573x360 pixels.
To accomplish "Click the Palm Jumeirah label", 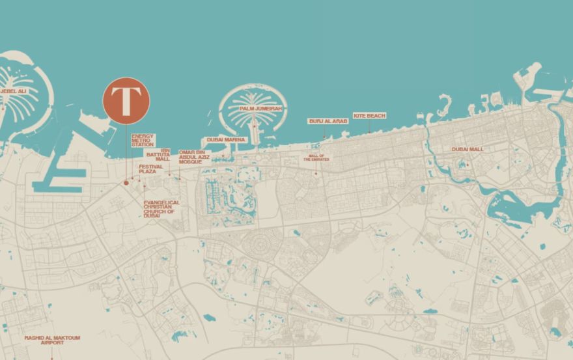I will [260, 109].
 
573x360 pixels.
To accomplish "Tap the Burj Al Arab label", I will [328, 121].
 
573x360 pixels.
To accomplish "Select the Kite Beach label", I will [369, 116].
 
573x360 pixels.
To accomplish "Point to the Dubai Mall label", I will [468, 149].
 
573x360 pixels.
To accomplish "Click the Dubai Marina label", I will [226, 139].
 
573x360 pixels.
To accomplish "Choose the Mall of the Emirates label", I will [316, 158].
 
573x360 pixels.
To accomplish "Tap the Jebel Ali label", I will [13, 91].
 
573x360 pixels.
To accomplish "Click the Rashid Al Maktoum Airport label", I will [52, 340].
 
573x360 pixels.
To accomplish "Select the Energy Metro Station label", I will [143, 140].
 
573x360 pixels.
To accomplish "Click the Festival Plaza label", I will [150, 169].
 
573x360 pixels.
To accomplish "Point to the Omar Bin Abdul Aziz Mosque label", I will [194, 157].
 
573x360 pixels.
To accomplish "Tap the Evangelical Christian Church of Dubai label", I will [161, 209].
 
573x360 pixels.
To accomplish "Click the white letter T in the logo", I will [126, 101].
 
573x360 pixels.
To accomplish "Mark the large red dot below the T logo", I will [126, 183].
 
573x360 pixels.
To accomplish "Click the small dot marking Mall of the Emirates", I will [316, 173].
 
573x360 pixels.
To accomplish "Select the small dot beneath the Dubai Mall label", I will [468, 164].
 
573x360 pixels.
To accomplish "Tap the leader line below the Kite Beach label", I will [369, 126].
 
